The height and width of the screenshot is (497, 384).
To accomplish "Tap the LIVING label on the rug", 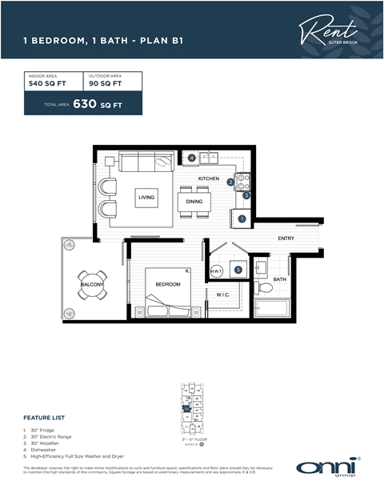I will pos(146,197).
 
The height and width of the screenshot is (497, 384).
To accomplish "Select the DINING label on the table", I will pos(194,202).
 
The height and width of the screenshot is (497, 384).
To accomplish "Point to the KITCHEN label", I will pos(209,178).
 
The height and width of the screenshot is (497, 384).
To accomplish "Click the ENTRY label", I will pos(286,238).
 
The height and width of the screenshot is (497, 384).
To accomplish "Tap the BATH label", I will pos(279,279).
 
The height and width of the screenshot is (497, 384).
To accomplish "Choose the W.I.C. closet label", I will pos(223,295).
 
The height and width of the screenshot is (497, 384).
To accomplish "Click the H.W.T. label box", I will pos(216,271).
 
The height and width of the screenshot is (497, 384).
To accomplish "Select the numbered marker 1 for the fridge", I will pos(242,218).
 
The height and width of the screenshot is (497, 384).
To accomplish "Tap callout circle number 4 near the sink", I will pos(192,158).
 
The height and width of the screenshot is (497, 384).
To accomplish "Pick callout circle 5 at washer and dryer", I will pos(238,270).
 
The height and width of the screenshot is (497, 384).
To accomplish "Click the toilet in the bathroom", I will pos(263,287).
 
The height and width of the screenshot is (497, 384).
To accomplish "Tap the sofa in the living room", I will pos(145,162).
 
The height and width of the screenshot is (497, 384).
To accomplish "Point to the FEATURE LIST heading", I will pos(45,417).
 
